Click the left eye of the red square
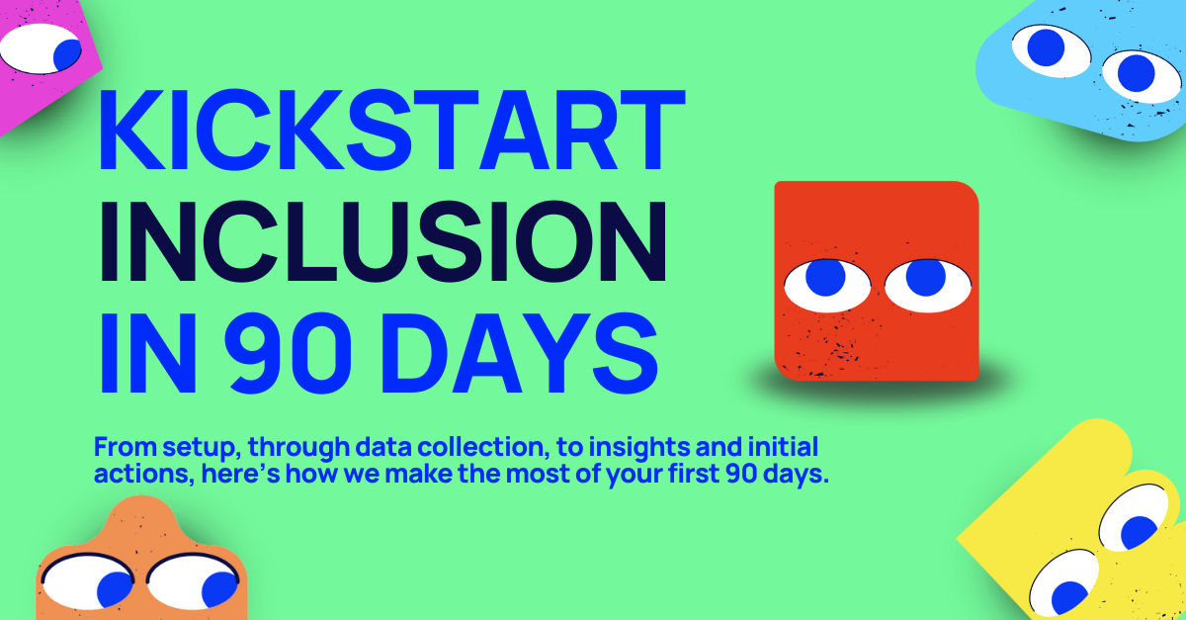[826, 284]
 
